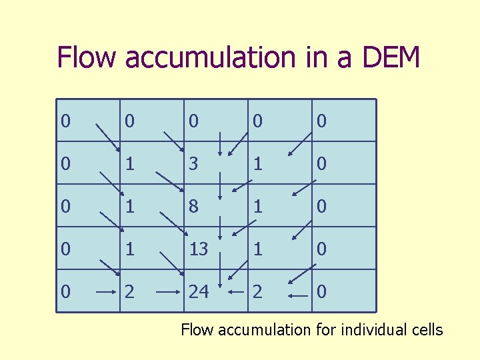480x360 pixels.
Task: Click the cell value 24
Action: [199, 292]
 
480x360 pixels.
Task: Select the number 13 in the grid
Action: [199, 249]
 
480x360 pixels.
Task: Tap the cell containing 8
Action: [193, 207]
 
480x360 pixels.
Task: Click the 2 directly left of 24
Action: [129, 292]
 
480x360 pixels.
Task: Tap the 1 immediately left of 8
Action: [129, 207]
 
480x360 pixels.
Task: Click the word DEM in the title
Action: [391, 57]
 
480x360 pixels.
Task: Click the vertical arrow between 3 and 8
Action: [221, 184]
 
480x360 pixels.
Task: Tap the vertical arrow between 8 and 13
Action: [221, 227]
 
